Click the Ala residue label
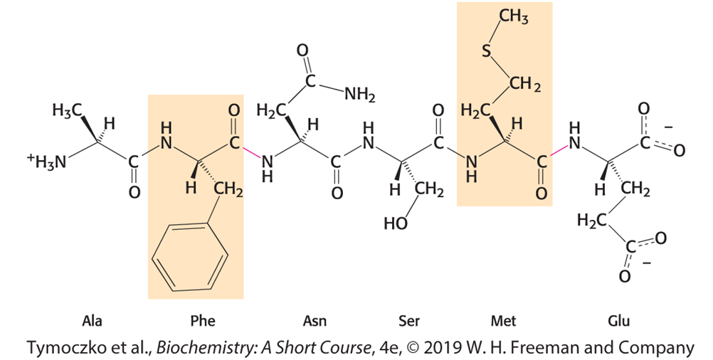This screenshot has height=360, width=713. tap(92, 321)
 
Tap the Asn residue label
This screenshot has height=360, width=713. tap(315, 321)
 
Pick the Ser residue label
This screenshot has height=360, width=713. tap(408, 321)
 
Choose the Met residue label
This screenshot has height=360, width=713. tap(504, 321)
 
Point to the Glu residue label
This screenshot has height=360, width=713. tap(619, 321)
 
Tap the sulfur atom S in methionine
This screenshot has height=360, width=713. tap(487, 51)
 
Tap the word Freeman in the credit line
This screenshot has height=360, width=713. tap(581, 348)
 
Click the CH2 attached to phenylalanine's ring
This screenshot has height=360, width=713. tap(228, 190)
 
